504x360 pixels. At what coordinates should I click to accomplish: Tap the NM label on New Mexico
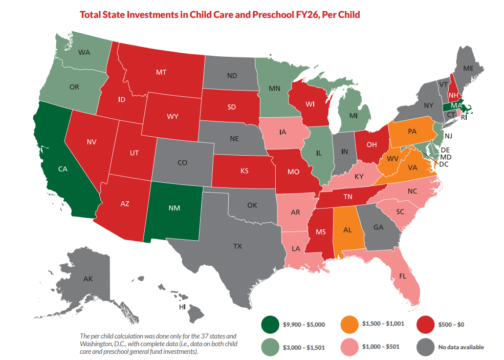174,208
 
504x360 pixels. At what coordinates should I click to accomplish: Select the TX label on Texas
237,246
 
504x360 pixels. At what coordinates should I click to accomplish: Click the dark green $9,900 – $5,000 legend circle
270,324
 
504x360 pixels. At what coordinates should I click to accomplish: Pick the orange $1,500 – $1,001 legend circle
349,324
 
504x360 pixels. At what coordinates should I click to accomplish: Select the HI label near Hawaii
181,307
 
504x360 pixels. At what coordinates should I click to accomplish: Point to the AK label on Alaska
87,279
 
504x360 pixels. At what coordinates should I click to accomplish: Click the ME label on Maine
468,68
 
